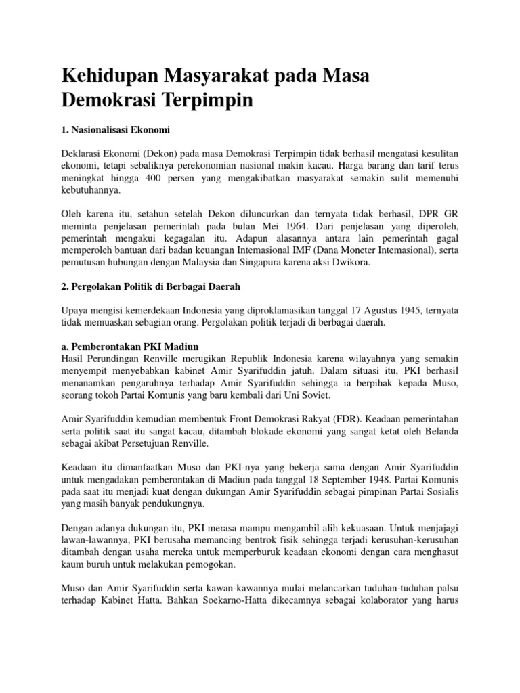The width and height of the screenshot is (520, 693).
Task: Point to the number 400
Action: pos(156,178)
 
